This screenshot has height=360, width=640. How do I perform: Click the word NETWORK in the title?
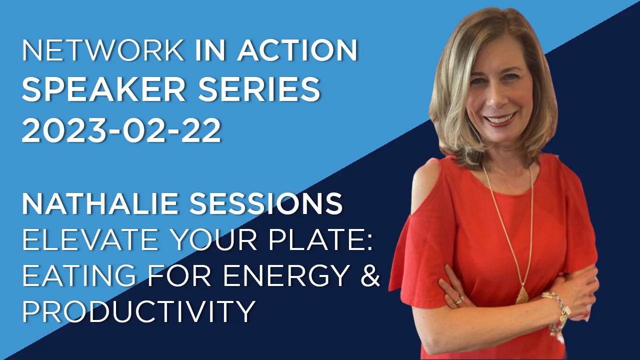(x=103, y=50)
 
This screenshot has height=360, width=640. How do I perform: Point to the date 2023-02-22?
(x=121, y=131)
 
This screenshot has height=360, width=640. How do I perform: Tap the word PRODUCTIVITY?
(x=138, y=311)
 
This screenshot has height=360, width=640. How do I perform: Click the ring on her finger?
(x=458, y=299)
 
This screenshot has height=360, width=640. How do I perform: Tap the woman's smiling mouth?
(x=500, y=120)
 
